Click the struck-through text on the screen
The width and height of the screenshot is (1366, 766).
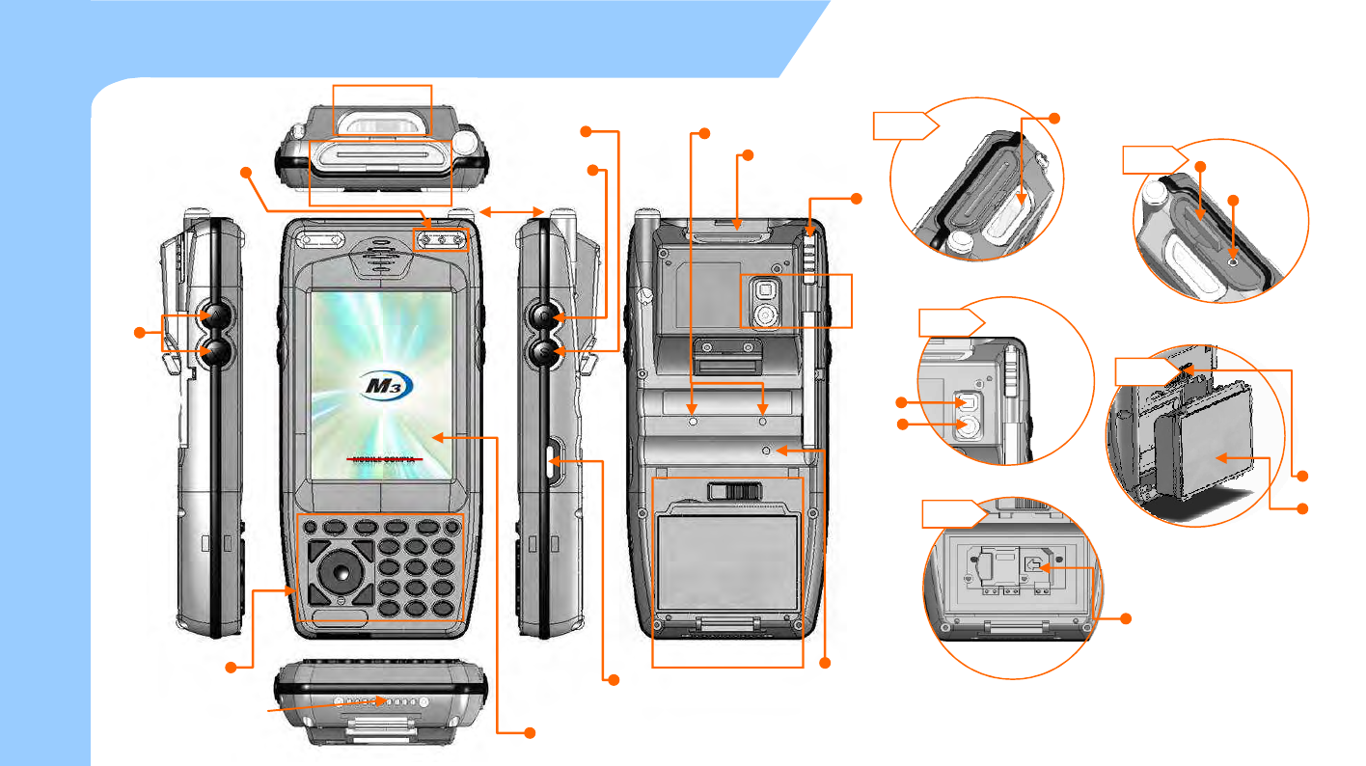coord(386,460)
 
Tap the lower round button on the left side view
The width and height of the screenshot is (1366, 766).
coord(213,354)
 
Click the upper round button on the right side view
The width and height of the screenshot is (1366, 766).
coord(548,315)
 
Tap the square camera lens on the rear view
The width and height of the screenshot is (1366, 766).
coord(766,288)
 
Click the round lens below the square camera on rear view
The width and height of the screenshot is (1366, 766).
coord(766,315)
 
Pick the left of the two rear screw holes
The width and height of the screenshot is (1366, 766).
coord(694,422)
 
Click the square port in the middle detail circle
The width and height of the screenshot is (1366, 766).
coord(967,401)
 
